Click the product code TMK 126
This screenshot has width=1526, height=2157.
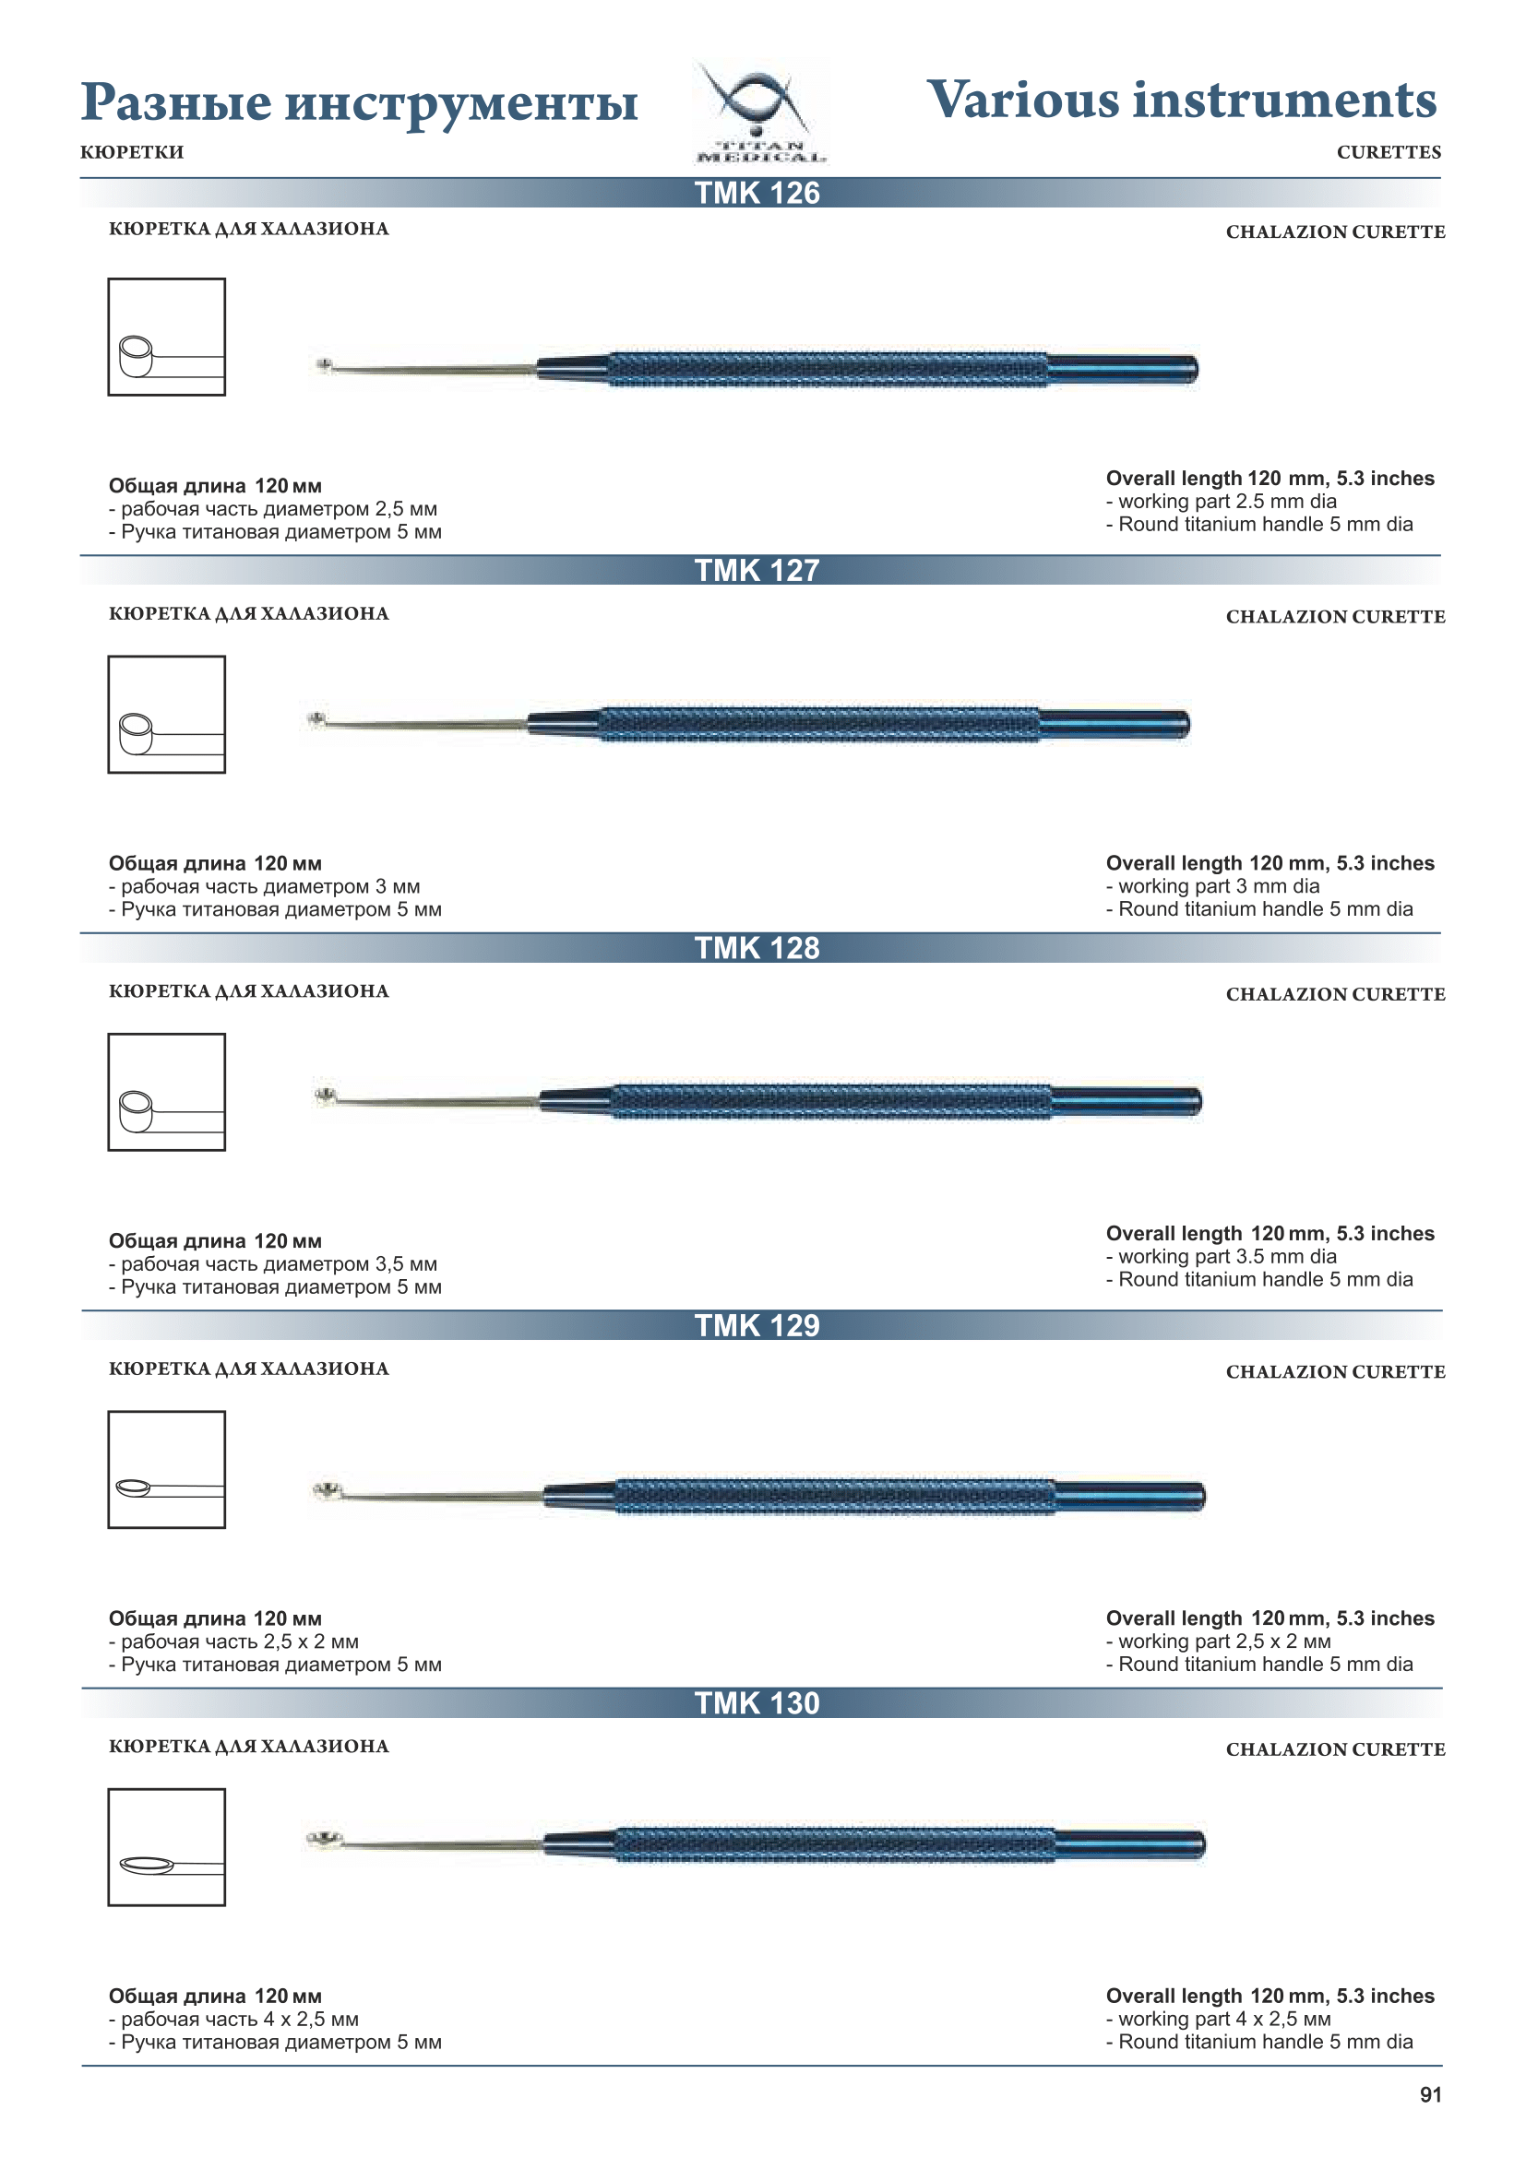pyautogui.click(x=757, y=194)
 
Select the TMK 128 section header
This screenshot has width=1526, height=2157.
pyautogui.click(x=757, y=949)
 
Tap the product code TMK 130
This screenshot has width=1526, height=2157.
pyautogui.click(x=757, y=1704)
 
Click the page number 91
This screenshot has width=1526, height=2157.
pyautogui.click(x=1429, y=2095)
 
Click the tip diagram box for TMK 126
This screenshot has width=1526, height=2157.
pyautogui.click(x=166, y=338)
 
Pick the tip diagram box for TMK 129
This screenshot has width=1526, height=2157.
pyautogui.click(x=166, y=1469)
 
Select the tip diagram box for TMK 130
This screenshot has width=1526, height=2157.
pyautogui.click(x=166, y=1847)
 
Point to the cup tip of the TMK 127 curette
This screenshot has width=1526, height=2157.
pyautogui.click(x=317, y=719)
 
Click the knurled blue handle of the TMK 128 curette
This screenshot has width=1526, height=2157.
pyautogui.click(x=831, y=1101)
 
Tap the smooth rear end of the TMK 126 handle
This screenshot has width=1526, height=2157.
pyautogui.click(x=1123, y=369)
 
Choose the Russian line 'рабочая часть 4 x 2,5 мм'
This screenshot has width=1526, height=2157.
pyautogui.click(x=239, y=2019)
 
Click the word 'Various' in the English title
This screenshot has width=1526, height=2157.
pyautogui.click(x=1022, y=101)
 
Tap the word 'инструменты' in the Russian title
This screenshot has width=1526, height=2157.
pyautogui.click(x=460, y=103)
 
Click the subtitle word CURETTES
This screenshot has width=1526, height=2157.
pyautogui.click(x=1388, y=152)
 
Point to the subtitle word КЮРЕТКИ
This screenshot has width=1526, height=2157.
pyautogui.click(x=133, y=152)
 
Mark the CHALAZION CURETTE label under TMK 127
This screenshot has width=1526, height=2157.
pyautogui.click(x=1334, y=617)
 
